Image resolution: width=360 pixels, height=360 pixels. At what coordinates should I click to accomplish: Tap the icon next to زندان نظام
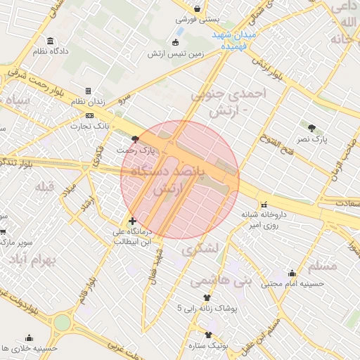(x=88, y=91)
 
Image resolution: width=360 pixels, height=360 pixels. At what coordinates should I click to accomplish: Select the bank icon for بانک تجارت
(x=89, y=115)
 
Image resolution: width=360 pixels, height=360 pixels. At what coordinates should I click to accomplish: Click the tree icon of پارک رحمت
(x=135, y=129)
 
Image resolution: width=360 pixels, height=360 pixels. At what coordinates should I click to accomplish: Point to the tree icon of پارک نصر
(x=312, y=127)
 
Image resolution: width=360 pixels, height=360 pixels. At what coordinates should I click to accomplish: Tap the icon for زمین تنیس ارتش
(x=176, y=42)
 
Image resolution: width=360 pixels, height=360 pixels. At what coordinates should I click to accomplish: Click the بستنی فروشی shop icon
(x=198, y=8)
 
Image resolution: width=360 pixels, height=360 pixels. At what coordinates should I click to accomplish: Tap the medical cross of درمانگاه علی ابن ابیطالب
(x=132, y=221)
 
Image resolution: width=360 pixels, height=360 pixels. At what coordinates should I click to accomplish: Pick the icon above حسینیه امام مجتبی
(x=292, y=274)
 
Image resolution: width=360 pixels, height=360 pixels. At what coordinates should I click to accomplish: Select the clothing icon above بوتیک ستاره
(x=208, y=335)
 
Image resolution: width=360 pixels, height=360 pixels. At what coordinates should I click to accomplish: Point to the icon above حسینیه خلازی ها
(x=29, y=337)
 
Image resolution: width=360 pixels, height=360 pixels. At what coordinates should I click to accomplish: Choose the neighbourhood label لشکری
(x=199, y=248)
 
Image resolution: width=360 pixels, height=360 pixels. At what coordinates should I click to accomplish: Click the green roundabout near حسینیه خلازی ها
(x=62, y=323)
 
